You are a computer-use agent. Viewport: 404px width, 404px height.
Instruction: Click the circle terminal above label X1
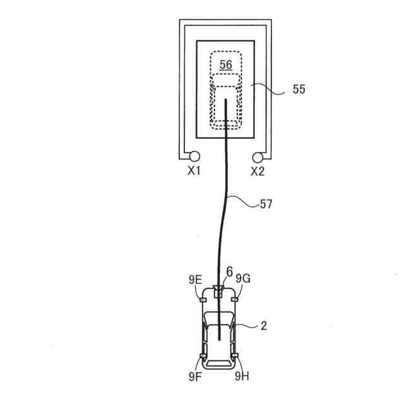coord(193,157)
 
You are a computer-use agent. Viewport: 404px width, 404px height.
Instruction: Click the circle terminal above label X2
coord(258,157)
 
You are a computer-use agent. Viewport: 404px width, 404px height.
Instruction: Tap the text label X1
coord(193,171)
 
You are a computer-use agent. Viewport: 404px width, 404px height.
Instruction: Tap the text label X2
coord(258,171)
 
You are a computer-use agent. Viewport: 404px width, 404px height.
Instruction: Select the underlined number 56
coord(225,64)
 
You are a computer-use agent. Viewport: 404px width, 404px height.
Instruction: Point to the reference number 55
coord(299,90)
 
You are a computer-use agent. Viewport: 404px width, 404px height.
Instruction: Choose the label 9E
coord(194,278)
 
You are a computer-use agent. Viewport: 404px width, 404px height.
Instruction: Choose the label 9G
coord(243,278)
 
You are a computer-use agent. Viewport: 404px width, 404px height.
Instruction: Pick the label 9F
coord(194,377)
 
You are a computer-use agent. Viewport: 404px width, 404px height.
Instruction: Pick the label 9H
coord(242,377)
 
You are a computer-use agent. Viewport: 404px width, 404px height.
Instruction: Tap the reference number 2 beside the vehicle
coord(264,326)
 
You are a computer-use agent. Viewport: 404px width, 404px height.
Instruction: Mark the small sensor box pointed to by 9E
coord(203,299)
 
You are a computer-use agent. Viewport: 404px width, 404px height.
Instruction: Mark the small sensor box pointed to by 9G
coord(234,299)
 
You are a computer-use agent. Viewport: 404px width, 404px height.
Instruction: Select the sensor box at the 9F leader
coord(203,358)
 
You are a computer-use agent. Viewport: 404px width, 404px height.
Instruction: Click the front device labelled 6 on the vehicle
coord(218,291)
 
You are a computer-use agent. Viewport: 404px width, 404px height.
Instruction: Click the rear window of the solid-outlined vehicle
coord(218,364)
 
